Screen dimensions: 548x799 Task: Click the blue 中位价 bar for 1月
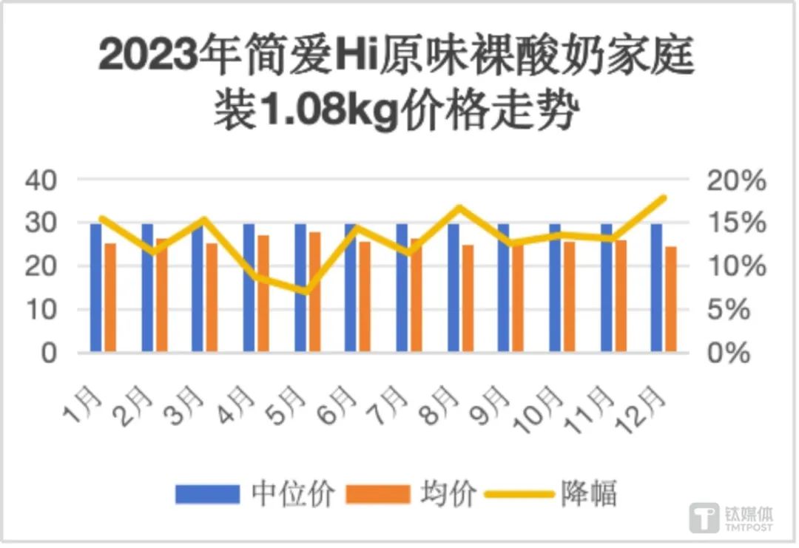(95, 288)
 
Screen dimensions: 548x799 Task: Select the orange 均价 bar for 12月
(670, 299)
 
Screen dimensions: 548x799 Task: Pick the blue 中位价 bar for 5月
(300, 288)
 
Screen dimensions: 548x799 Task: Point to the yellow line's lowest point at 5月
(306, 290)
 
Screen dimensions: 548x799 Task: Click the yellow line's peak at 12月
(664, 198)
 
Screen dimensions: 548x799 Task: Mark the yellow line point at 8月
(459, 208)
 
